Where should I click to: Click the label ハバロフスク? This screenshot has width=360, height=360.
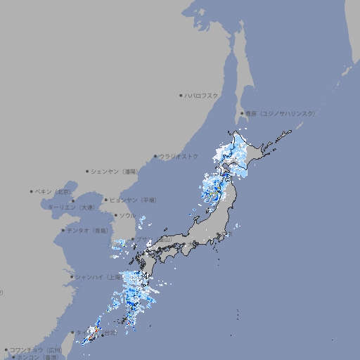(202, 95)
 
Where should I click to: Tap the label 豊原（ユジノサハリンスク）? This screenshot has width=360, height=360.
(281, 113)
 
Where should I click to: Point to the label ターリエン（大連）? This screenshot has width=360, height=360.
(70, 208)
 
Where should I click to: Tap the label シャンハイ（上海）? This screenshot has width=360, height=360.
(98, 277)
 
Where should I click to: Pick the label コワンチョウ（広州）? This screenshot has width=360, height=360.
(36, 349)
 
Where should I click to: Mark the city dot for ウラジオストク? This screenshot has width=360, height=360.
(155, 156)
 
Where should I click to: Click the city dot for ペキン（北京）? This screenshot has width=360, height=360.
(31, 191)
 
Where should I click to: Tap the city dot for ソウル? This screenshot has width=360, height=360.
(115, 215)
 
